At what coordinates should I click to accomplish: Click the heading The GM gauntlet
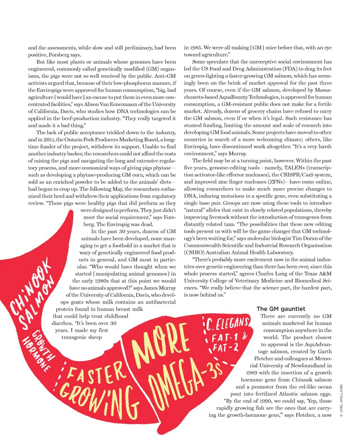point(281,309)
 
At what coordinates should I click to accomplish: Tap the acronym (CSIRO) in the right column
point(195,252)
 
